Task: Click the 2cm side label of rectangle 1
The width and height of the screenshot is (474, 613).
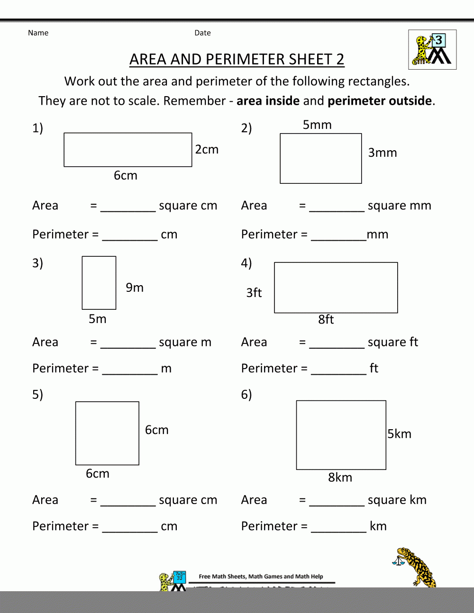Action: point(207,150)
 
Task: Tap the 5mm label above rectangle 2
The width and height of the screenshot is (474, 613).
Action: point(317,125)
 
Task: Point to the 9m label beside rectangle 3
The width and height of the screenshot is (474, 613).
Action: point(135,288)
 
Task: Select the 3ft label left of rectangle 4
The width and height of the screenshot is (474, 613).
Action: point(254,293)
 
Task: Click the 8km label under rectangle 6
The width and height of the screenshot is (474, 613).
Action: point(340,478)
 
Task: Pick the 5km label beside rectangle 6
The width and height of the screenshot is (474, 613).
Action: point(399,434)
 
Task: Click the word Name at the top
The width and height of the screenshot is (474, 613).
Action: point(38,33)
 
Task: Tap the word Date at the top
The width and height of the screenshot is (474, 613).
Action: point(202,33)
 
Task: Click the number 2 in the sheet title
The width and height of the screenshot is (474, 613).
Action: point(340,59)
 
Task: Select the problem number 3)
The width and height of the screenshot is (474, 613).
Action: point(37,263)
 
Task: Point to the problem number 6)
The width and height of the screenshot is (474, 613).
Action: point(246,394)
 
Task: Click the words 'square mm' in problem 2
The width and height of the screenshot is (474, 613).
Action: point(399,206)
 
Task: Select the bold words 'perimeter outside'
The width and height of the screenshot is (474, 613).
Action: point(380,101)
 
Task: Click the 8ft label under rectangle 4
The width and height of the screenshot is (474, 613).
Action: point(326,320)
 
